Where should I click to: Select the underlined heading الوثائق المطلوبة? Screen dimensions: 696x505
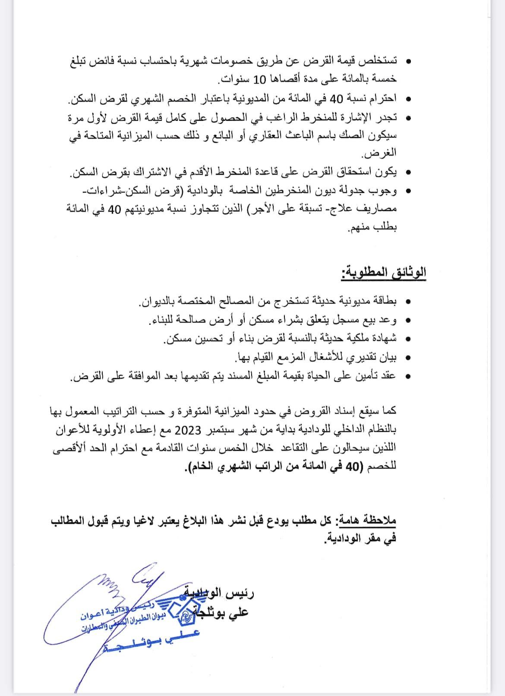click(x=383, y=273)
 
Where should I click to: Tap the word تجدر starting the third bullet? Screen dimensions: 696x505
click(x=385, y=117)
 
